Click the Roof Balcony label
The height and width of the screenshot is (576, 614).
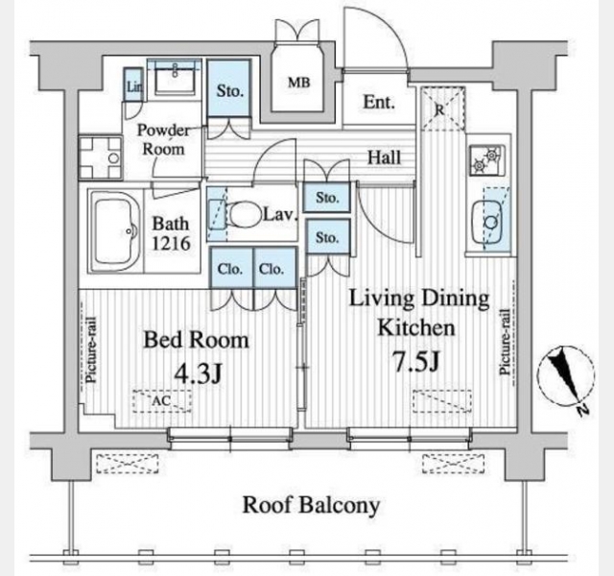coord(311,505)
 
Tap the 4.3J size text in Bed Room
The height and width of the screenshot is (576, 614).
coord(198,373)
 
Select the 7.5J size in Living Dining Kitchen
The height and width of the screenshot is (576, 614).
coord(415,362)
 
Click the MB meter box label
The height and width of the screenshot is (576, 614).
coord(298,83)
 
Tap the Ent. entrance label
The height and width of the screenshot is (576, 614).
coord(379,103)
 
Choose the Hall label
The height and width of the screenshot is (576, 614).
coord(384,157)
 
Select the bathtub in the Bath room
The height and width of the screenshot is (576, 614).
coord(114,231)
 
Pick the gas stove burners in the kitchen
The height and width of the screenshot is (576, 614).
coord(487,159)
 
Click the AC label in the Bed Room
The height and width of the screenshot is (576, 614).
coord(161,400)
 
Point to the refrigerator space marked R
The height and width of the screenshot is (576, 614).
coord(443,108)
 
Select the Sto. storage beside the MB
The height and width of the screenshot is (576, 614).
coord(228,87)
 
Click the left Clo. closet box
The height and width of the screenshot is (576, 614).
coord(230,268)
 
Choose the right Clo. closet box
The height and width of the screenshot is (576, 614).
coord(274,268)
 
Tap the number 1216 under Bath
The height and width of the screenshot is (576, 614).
coord(171,244)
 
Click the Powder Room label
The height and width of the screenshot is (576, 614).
coord(163,140)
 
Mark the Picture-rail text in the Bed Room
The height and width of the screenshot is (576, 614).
coord(91,349)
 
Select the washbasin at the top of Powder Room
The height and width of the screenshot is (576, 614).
coord(175,78)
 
